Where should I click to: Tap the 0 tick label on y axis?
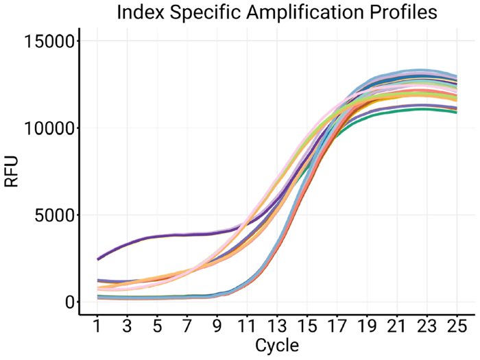(x=67, y=302)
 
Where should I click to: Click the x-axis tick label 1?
(x=97, y=324)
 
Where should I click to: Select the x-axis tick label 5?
(x=157, y=324)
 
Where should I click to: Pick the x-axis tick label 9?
(x=217, y=324)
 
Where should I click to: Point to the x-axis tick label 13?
(x=276, y=324)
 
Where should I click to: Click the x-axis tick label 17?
(x=336, y=324)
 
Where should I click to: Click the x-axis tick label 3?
(x=127, y=324)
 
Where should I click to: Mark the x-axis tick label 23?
(x=426, y=324)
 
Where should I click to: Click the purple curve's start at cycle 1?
(x=98, y=259)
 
